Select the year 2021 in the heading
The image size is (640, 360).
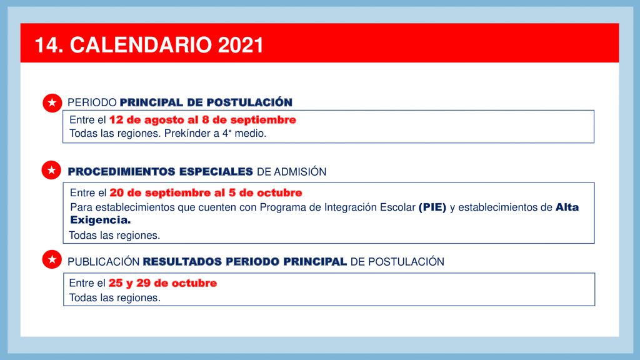[x=241, y=45]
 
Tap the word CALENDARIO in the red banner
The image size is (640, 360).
[x=141, y=45]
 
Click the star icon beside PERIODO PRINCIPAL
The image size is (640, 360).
[x=52, y=103]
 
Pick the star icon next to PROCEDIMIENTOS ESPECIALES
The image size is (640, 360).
[x=51, y=170]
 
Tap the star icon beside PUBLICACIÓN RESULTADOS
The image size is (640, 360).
[x=52, y=259]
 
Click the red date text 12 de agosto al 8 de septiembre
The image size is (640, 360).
[x=202, y=120]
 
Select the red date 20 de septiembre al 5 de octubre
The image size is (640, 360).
[x=206, y=192]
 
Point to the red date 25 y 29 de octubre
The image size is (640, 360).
[x=162, y=283]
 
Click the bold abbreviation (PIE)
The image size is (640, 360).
[x=432, y=207]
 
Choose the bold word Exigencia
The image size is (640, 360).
[x=101, y=220]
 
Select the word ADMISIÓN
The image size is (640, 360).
[x=300, y=172]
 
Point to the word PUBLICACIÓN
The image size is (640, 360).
[x=104, y=262]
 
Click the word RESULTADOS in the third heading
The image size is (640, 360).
[x=182, y=262]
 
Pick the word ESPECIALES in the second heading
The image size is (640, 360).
[x=216, y=172]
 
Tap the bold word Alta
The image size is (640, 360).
[x=567, y=207]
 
